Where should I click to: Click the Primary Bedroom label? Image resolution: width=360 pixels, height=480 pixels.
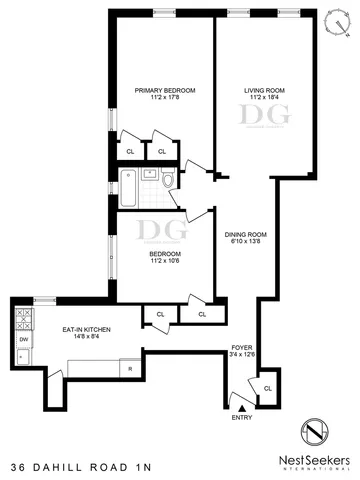pos(165,90)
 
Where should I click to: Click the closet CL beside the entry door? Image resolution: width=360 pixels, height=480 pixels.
pos(267,387)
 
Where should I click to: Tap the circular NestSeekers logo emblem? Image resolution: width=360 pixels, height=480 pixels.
pos(319,434)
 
